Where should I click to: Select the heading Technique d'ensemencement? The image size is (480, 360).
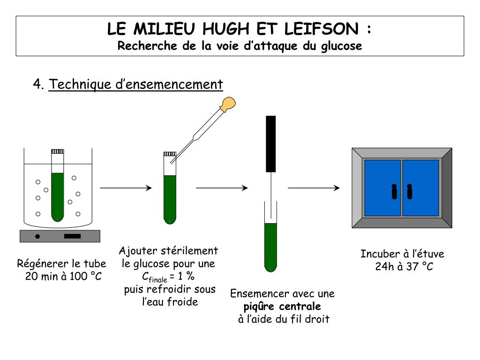click(x=136, y=84)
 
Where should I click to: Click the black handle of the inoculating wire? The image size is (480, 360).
click(x=270, y=143)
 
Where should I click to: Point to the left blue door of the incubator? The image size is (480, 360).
click(x=382, y=188)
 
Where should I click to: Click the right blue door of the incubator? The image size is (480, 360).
click(x=420, y=188)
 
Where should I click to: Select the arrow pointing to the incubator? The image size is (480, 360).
click(x=314, y=188)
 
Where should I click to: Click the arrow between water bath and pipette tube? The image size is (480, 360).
click(x=126, y=188)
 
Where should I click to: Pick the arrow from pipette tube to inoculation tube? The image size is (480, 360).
click(x=221, y=188)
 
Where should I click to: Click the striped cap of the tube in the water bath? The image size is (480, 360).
click(x=57, y=151)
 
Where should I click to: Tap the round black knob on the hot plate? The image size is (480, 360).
click(x=38, y=236)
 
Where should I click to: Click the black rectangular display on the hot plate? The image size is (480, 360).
click(x=72, y=236)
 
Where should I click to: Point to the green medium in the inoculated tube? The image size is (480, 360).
click(x=270, y=246)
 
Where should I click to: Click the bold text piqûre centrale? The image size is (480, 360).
click(x=282, y=307)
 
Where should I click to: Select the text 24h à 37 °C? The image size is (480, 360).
click(x=404, y=267)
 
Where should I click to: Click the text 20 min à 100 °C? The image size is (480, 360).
click(x=63, y=276)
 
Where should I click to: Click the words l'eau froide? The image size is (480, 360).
click(x=170, y=301)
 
